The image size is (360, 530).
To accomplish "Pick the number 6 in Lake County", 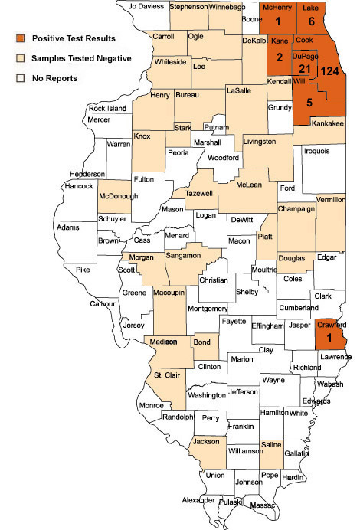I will pyautogui.click(x=312, y=22).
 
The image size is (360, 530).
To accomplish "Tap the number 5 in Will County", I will pyautogui.click(x=309, y=103).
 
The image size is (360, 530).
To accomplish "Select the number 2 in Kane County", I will pyautogui.click(x=280, y=57).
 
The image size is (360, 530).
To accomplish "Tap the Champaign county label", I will pyautogui.click(x=296, y=208).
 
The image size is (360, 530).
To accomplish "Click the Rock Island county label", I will pyautogui.click(x=106, y=109).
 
